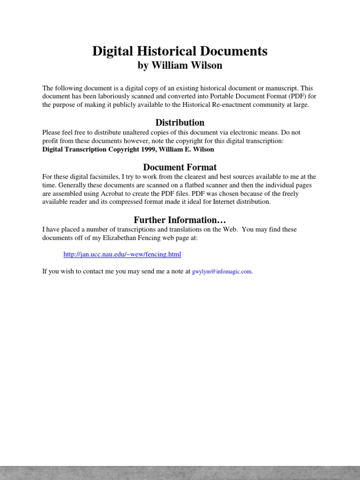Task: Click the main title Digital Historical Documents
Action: point(180,51)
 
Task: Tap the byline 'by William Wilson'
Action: point(180,66)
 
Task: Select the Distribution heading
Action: point(180,122)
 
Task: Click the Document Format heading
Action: point(180,167)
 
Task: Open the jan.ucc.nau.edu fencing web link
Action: point(122,255)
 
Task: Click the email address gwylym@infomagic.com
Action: point(222,271)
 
